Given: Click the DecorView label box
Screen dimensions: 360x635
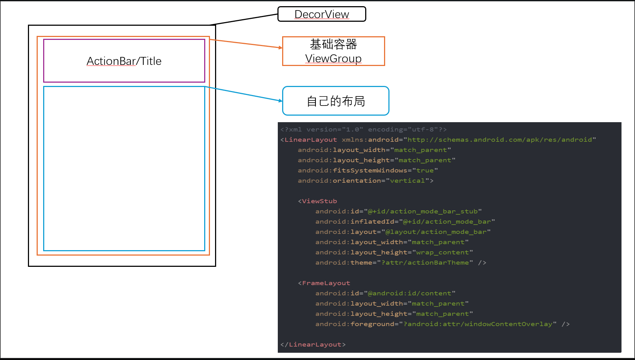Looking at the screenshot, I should tap(322, 14).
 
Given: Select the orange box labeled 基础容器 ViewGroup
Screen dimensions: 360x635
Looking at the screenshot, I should tap(333, 51).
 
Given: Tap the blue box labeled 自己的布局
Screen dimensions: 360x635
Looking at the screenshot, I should tap(335, 101).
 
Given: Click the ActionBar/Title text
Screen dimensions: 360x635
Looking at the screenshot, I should tap(124, 61).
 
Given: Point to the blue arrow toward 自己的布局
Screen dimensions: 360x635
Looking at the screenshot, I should tap(244, 94).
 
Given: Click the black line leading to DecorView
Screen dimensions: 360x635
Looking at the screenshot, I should tap(247, 19).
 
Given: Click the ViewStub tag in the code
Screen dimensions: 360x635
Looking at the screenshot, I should tap(319, 201).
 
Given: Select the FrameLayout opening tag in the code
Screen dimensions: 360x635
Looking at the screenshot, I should tap(326, 283).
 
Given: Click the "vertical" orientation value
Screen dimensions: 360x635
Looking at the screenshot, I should tap(407, 181).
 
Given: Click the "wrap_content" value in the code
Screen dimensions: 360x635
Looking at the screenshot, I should tap(442, 252).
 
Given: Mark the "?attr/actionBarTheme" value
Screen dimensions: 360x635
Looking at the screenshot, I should tap(425, 262).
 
